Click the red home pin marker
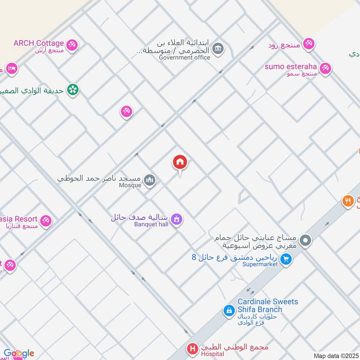point(180,163)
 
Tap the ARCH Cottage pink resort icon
point(72,45)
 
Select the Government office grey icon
point(218,48)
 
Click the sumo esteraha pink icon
point(325,69)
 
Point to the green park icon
point(72,90)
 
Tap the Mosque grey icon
point(150,180)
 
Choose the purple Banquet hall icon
point(177,219)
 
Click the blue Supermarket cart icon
point(285,259)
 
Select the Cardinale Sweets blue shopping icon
point(229,310)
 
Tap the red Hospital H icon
point(193,349)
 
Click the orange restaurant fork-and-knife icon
point(347,201)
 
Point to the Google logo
point(18,353)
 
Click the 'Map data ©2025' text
point(336,356)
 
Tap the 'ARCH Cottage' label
point(39,43)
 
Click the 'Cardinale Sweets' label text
point(268,301)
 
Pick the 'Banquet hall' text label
point(151,224)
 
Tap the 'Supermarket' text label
point(260,264)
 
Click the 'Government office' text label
point(184,57)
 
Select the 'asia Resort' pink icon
point(45,221)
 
